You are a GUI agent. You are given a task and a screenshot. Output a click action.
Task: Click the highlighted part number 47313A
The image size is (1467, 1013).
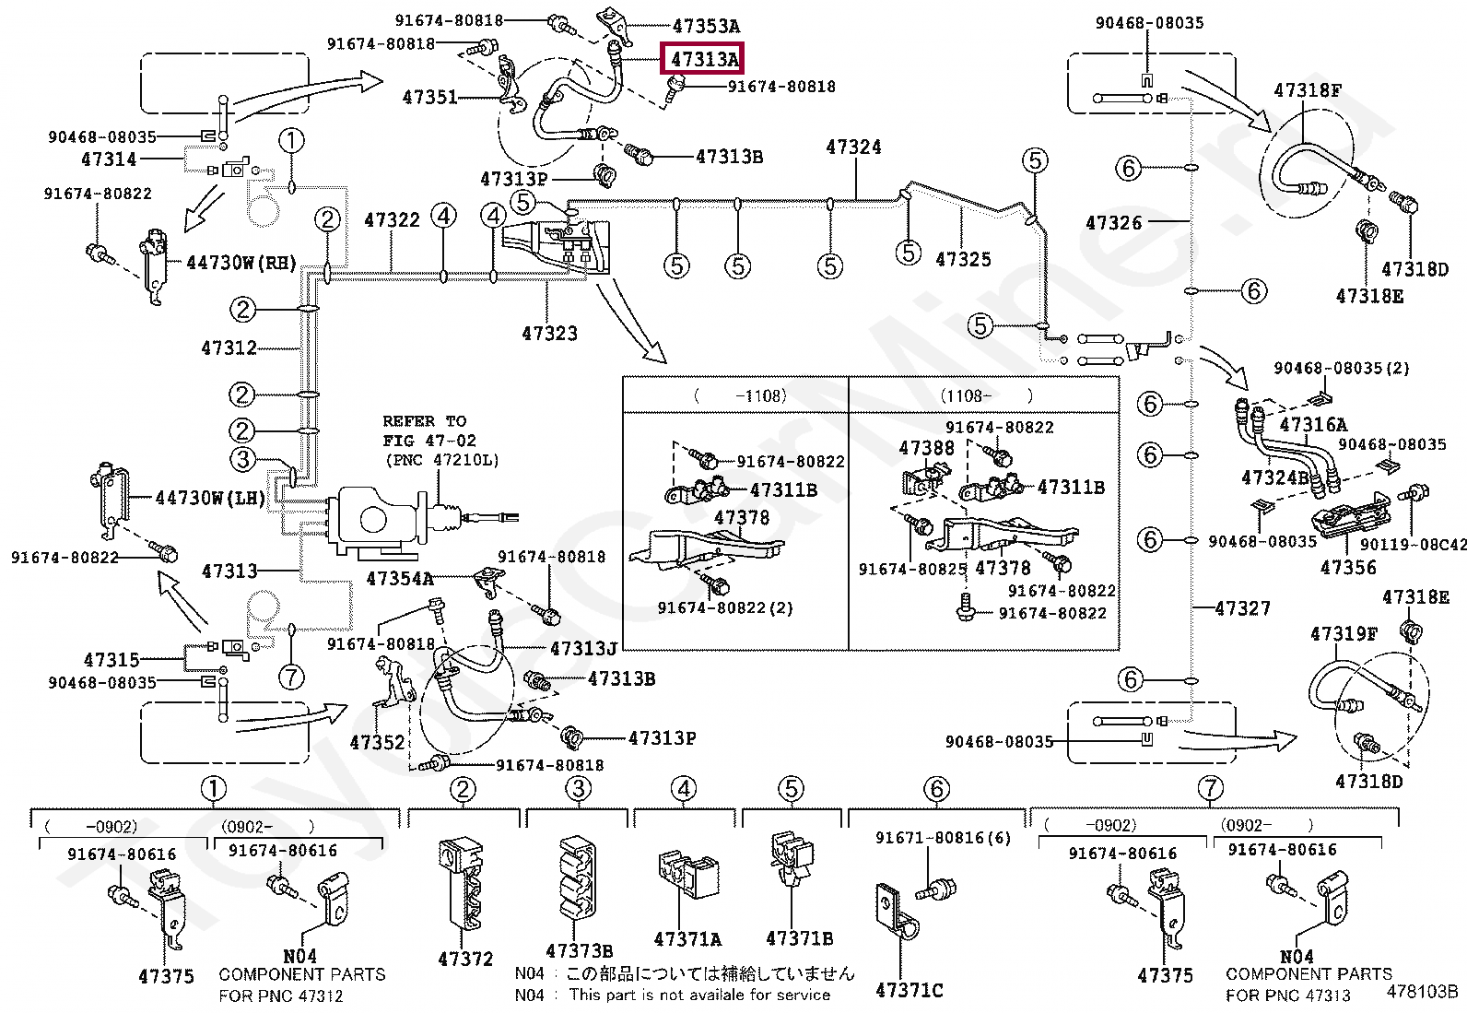pos(705,60)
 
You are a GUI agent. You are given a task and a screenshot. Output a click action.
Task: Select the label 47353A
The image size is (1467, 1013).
pos(706,26)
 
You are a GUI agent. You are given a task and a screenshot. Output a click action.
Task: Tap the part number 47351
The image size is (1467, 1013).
pos(429,98)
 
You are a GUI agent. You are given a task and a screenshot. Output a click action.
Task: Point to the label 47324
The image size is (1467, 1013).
pos(853,147)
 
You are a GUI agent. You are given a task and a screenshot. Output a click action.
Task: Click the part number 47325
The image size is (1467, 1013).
pos(963,260)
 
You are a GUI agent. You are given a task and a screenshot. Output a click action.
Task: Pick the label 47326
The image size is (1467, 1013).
pos(1113,223)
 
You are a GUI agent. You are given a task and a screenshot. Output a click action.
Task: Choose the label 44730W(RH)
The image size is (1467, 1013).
pos(241,264)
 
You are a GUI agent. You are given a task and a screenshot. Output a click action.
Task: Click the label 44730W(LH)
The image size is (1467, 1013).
pos(210,499)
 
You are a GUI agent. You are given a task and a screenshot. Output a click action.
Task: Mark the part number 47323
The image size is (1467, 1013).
pos(549,334)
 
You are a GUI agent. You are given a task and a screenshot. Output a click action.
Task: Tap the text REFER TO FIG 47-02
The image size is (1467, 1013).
pos(429,430)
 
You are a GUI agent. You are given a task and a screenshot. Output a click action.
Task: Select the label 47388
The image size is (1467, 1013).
pos(927,448)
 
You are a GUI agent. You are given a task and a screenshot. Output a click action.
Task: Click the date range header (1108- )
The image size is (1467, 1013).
pos(986,395)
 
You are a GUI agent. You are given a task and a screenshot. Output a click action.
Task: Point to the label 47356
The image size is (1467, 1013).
pos(1348,568)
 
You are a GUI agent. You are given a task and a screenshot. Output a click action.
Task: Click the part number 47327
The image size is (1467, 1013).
pos(1242,608)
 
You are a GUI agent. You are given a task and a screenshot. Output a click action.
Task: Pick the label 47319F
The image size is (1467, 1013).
pos(1344,634)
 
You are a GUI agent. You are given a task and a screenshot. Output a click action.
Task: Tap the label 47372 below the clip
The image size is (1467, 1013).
pos(465,960)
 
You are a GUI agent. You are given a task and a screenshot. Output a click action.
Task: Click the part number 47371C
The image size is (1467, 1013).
pos(910,990)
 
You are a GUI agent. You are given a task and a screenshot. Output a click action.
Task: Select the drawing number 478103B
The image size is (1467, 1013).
pos(1422,991)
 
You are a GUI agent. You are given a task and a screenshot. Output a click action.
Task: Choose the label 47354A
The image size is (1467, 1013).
pos(400,579)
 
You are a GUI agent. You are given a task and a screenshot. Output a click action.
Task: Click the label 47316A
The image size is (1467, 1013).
pos(1313,425)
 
